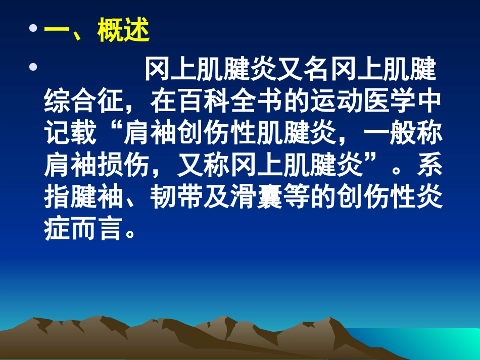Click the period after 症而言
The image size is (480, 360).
pos(130,233)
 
